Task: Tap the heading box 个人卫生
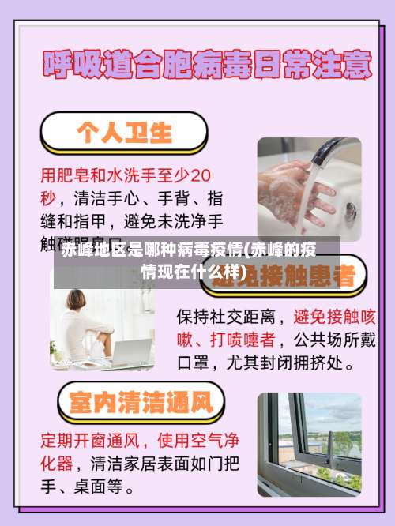[x=124, y=132]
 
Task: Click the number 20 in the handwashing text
[x=201, y=173]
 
